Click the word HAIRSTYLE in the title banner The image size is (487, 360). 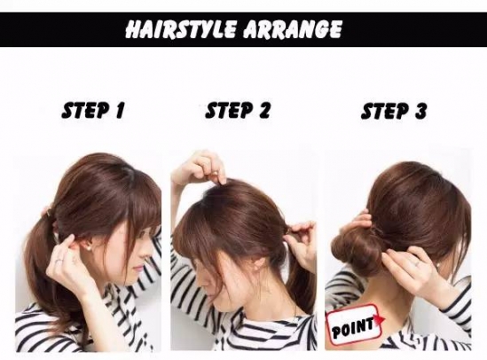[181, 29]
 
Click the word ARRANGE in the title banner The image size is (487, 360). [293, 29]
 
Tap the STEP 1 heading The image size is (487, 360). [93, 111]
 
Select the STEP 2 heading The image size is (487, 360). [238, 111]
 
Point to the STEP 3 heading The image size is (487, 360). [394, 111]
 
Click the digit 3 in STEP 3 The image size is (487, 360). [420, 111]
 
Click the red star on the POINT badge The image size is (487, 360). [381, 320]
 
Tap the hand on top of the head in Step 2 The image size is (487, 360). [199, 169]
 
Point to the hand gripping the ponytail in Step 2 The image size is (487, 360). [302, 245]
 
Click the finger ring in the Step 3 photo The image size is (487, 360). [415, 264]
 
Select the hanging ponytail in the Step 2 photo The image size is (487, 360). [299, 286]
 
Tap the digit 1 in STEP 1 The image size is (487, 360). [120, 111]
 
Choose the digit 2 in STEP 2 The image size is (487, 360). [264, 111]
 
